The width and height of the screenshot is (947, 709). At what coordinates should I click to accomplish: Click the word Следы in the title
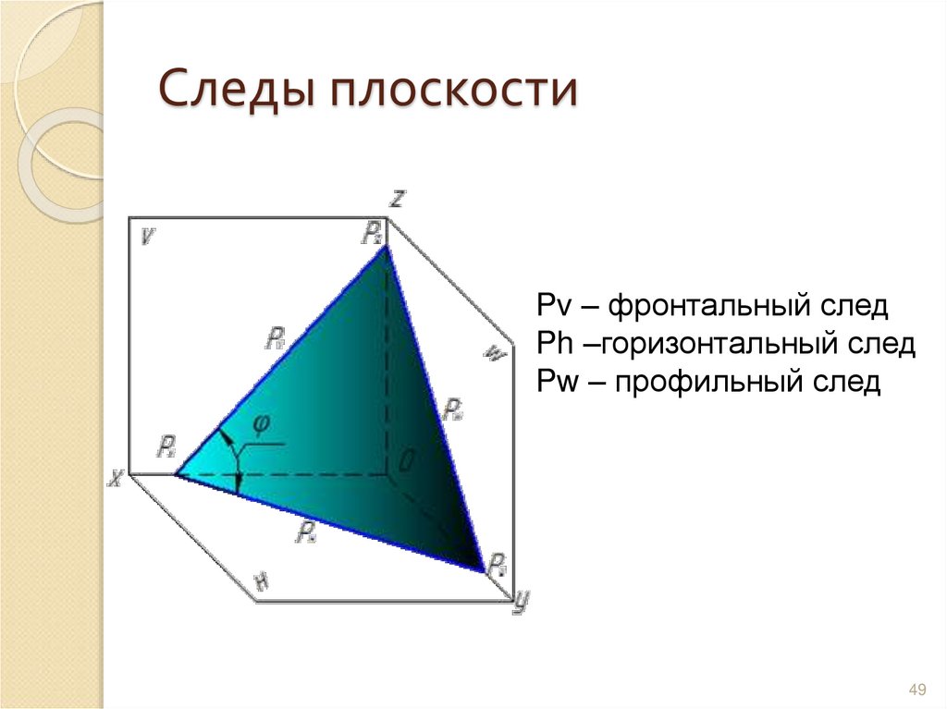coord(233,92)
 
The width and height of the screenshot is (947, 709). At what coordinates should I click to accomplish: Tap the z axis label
coord(396,197)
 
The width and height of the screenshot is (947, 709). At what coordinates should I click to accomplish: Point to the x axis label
coord(116,478)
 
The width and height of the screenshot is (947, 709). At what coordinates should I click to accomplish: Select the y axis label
coord(521,602)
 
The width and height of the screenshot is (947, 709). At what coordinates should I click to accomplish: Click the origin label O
coord(405,459)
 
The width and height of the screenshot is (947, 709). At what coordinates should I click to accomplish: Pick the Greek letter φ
coord(261,423)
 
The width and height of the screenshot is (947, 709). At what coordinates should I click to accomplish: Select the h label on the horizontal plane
coord(262,581)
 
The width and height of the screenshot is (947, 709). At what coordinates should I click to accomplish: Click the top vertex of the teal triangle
coord(385,247)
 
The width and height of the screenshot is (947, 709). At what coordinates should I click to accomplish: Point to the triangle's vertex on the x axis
coord(176,475)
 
